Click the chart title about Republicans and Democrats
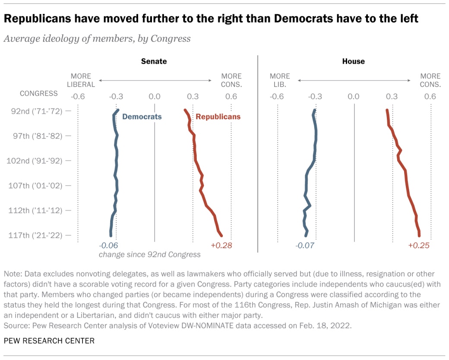[x=211, y=19]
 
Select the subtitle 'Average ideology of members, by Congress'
[x=97, y=38]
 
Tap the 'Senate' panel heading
[x=154, y=61]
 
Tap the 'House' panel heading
[x=353, y=61]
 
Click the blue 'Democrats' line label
[x=142, y=117]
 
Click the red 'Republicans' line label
[x=218, y=117]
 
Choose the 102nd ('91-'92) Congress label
[x=35, y=161]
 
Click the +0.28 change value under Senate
[x=221, y=246]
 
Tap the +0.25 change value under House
[x=419, y=246]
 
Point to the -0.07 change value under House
[x=305, y=246]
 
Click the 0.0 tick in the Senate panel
[x=155, y=96]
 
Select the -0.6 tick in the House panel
[x=277, y=96]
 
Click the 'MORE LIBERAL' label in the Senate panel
[x=81, y=80]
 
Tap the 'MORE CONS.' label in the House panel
[x=430, y=80]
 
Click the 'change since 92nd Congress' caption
[x=150, y=255]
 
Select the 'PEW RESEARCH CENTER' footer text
[x=49, y=341]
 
